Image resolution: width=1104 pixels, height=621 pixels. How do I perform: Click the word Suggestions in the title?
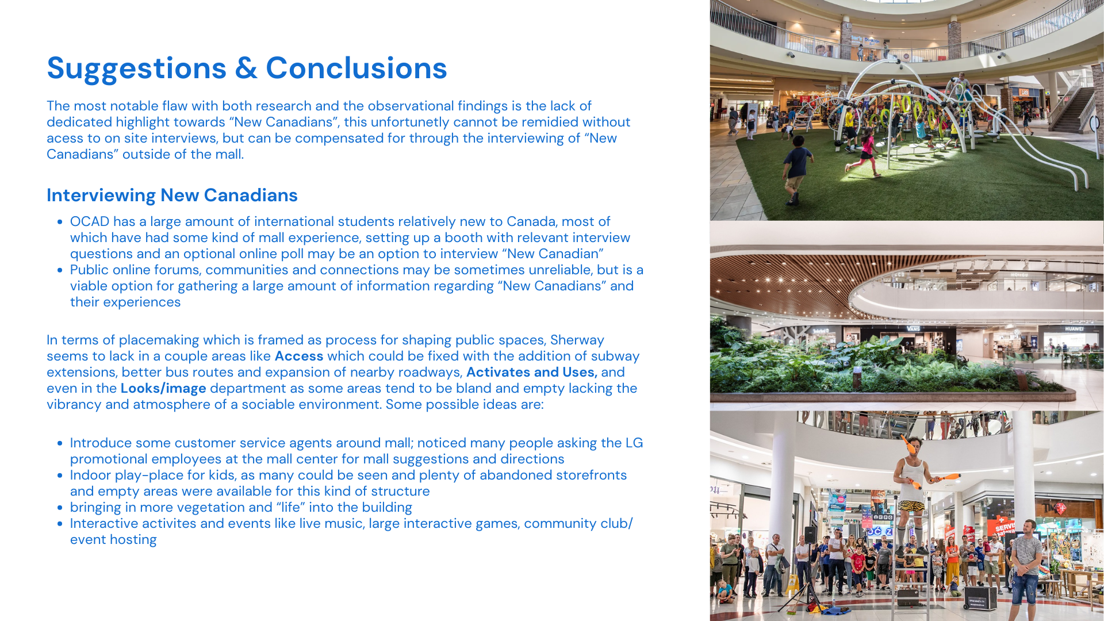(137, 68)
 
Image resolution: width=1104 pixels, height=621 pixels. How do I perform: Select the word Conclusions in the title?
(356, 68)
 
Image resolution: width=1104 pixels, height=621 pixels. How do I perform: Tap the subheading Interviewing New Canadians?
(172, 195)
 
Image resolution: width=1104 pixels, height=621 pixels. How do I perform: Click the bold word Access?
(299, 356)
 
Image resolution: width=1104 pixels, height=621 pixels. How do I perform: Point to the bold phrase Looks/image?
(163, 389)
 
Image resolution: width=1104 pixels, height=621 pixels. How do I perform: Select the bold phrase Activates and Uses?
(532, 372)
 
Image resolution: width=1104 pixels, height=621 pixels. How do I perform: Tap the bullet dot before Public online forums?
(60, 270)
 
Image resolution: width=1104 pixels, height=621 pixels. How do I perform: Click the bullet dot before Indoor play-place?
(60, 476)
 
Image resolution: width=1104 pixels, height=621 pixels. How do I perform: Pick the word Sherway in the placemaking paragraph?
(577, 340)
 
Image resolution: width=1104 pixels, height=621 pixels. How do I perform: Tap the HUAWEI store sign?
(1074, 329)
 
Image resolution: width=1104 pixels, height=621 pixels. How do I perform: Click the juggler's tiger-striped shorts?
(911, 506)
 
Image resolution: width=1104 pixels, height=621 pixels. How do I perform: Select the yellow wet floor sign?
(793, 584)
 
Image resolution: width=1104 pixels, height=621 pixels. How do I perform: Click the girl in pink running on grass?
(861, 152)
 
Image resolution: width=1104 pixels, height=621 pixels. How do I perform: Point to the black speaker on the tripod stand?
(810, 535)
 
